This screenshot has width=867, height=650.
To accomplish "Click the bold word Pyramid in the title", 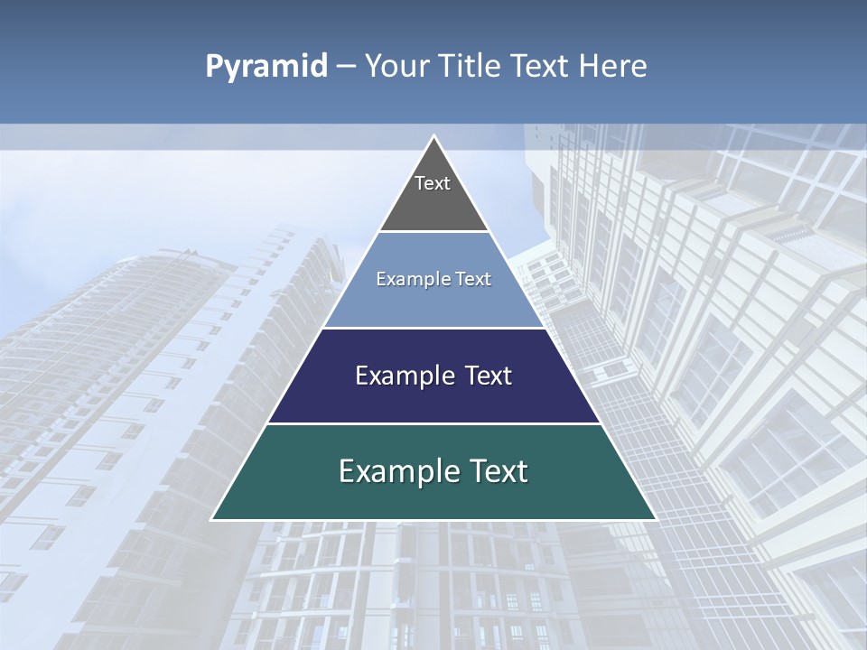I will pyautogui.click(x=266, y=67).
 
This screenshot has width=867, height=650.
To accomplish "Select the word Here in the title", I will pyautogui.click(x=613, y=66).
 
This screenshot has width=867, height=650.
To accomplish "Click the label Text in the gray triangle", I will pyautogui.click(x=433, y=183).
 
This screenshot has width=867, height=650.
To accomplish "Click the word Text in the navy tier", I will pyautogui.click(x=482, y=376).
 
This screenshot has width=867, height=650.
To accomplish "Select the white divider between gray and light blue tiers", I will pyautogui.click(x=433, y=232).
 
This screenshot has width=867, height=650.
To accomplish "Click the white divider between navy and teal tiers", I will pyautogui.click(x=433, y=423).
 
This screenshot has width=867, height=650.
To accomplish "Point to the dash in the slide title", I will pyautogui.click(x=345, y=67).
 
